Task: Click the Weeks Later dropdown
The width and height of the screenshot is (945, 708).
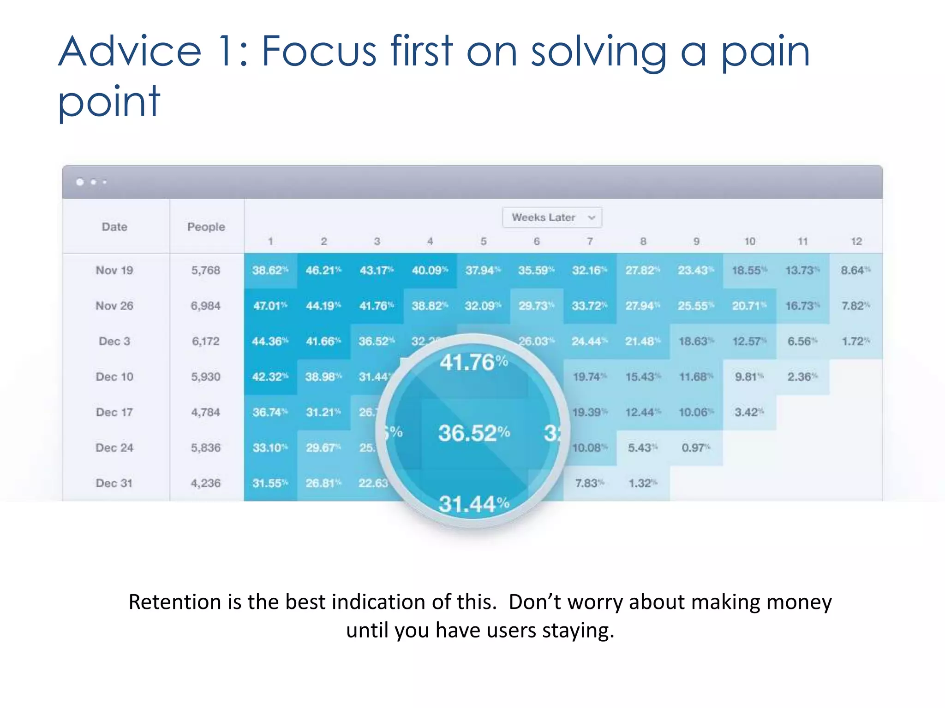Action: click(x=552, y=217)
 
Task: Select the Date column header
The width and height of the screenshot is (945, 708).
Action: click(x=114, y=226)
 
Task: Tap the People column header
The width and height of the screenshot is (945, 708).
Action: click(x=206, y=226)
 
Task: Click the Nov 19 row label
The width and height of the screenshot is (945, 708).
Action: click(x=114, y=270)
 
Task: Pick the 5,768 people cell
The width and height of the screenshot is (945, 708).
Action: click(x=206, y=270)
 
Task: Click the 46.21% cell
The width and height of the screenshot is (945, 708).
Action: click(x=323, y=270)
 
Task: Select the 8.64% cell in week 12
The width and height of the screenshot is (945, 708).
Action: click(x=855, y=270)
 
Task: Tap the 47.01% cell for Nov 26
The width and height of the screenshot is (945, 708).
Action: click(x=270, y=306)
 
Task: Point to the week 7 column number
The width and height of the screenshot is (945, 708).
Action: click(x=590, y=241)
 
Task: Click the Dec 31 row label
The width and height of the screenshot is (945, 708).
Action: click(x=114, y=483)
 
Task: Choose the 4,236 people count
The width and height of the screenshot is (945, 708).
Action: click(x=206, y=483)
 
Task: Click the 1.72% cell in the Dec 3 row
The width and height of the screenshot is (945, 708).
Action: click(x=855, y=341)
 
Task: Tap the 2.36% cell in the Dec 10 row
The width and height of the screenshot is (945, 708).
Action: click(x=802, y=377)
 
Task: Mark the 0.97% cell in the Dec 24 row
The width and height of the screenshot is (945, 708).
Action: click(x=695, y=448)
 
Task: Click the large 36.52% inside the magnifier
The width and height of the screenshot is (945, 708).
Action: click(x=474, y=433)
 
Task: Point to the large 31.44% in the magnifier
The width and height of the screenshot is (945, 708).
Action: click(x=474, y=504)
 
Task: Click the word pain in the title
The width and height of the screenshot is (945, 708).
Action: click(x=765, y=52)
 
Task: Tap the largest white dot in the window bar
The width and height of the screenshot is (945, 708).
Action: click(x=80, y=182)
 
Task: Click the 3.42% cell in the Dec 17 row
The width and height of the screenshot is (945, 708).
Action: click(x=748, y=412)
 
